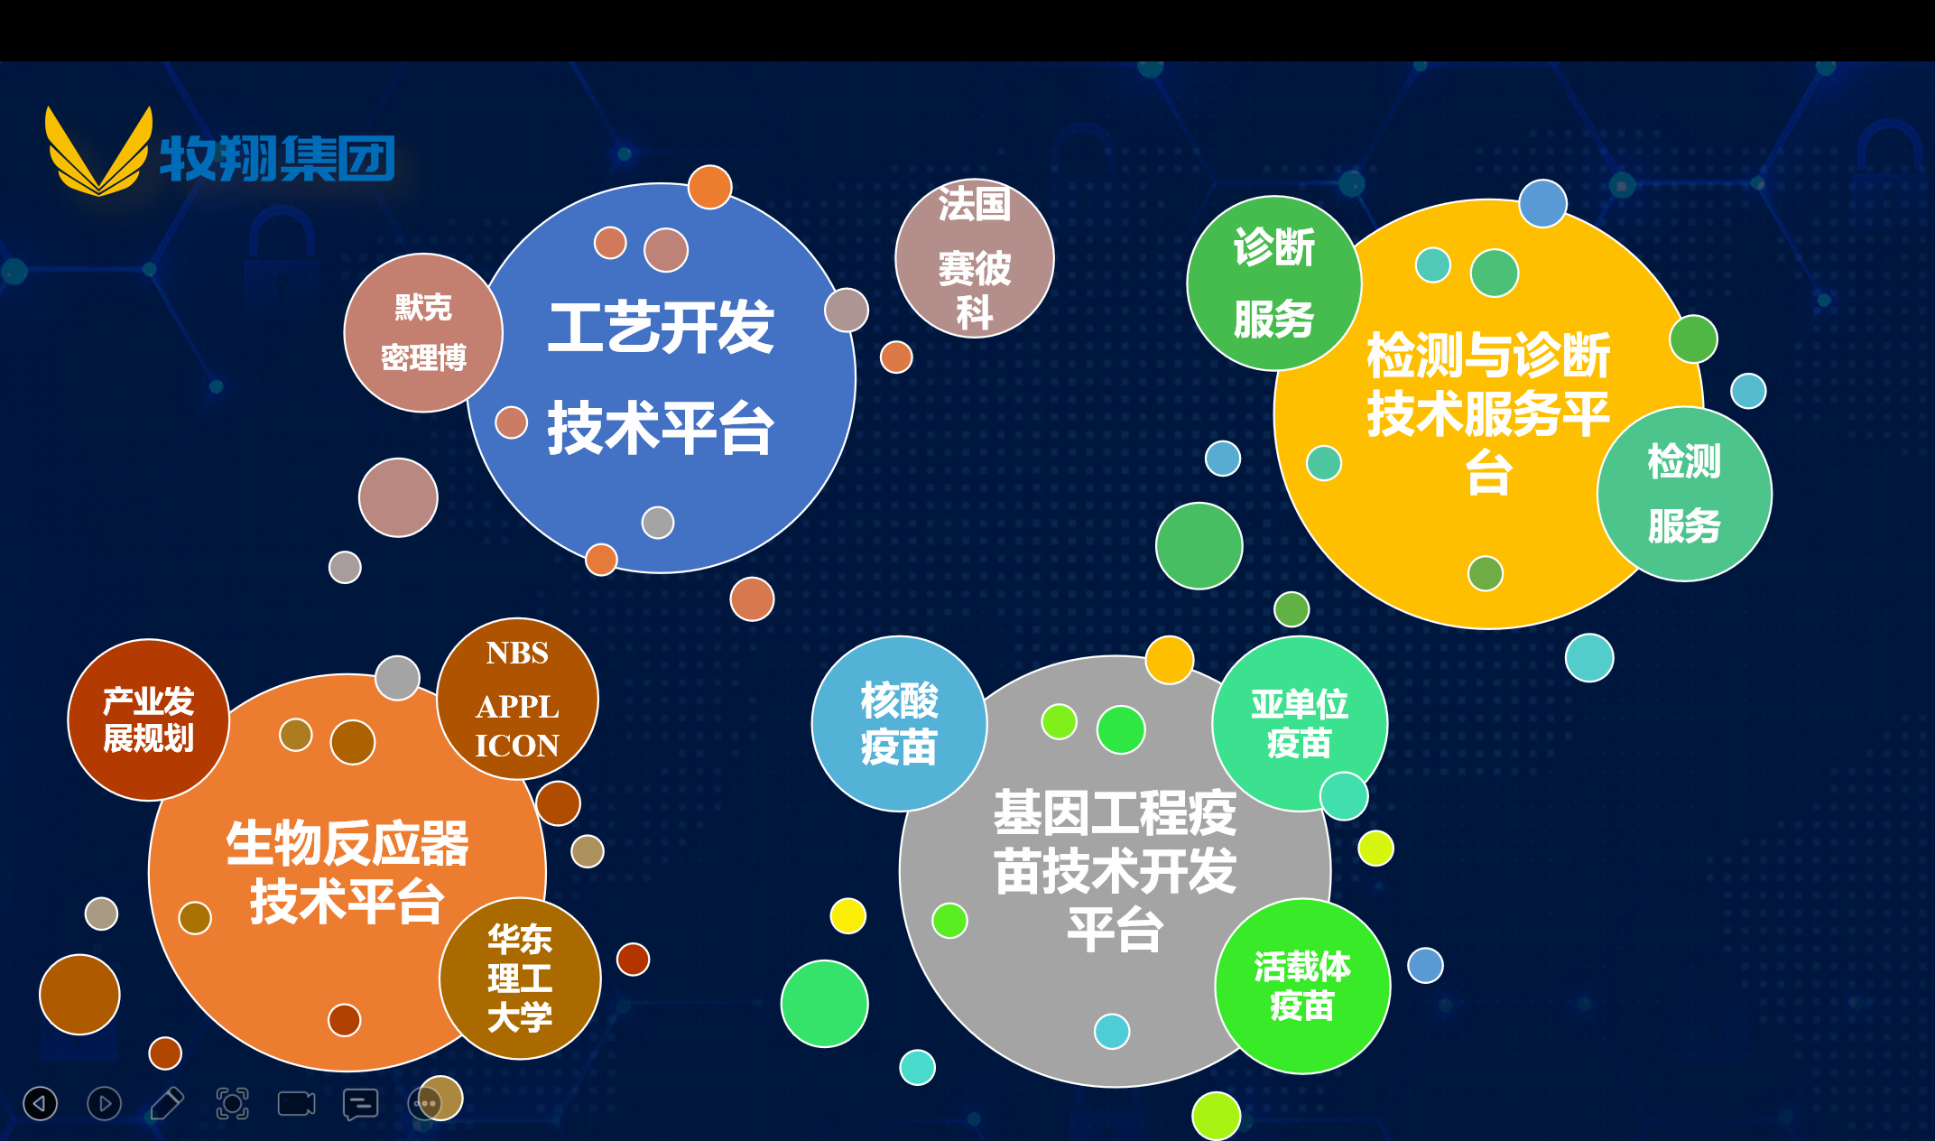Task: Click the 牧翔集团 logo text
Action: tap(277, 158)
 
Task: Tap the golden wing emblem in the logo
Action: tap(99, 152)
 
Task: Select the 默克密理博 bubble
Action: tap(423, 332)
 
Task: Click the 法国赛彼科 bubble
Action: tap(974, 258)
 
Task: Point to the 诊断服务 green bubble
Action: tap(1273, 283)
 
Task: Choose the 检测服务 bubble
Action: tap(1684, 494)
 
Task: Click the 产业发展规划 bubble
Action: tap(149, 719)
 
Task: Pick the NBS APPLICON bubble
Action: tap(517, 699)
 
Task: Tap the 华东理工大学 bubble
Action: tap(520, 979)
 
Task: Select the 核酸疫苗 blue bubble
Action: tap(899, 724)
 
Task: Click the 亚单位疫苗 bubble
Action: tap(1300, 724)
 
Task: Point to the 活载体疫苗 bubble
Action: tap(1302, 986)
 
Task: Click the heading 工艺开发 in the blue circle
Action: tap(661, 328)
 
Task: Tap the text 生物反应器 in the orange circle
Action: tap(347, 843)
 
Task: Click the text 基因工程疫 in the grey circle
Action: tap(1116, 812)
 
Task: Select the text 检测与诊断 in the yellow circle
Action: tap(1488, 355)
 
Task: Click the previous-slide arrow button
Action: tap(40, 1103)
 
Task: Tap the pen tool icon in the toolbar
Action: tap(167, 1103)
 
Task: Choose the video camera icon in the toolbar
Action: tap(296, 1103)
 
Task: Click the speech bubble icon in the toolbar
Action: tap(360, 1104)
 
